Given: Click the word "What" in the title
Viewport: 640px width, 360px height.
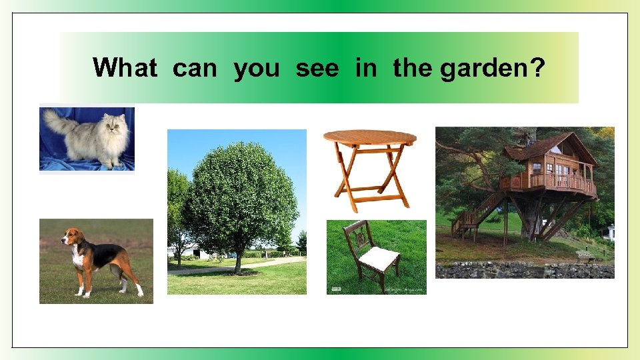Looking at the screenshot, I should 125,68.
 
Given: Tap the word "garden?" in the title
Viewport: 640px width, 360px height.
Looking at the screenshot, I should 492,68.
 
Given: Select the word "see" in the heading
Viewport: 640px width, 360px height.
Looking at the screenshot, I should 317,68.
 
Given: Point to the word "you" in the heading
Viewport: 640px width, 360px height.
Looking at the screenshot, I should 257,68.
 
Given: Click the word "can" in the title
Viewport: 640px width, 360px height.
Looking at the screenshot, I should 195,68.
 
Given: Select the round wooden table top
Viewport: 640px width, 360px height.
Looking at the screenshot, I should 370,137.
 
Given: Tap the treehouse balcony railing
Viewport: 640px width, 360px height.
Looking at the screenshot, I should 553,181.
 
